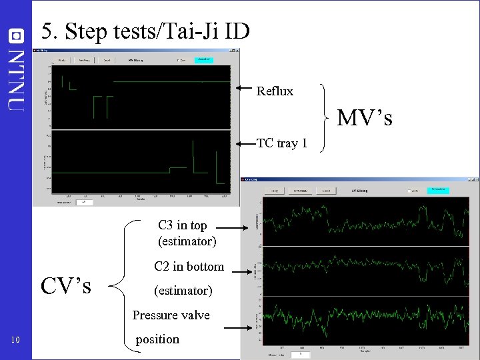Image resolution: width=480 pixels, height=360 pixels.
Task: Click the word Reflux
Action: click(275, 91)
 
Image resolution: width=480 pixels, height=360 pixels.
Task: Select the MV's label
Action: click(364, 118)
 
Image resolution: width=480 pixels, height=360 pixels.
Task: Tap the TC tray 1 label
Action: click(282, 143)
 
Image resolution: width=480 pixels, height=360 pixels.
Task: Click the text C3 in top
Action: click(182, 225)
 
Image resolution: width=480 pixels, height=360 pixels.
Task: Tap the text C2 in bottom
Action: click(189, 267)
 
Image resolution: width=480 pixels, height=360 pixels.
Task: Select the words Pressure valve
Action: click(171, 315)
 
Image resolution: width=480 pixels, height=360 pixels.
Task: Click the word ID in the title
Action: click(234, 31)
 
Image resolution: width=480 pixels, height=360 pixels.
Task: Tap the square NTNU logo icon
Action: click(16, 34)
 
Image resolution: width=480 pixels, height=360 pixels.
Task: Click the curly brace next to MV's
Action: click(326, 117)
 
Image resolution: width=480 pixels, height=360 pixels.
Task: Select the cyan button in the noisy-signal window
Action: click(438, 190)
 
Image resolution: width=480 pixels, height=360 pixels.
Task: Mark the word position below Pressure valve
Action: click(157, 339)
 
